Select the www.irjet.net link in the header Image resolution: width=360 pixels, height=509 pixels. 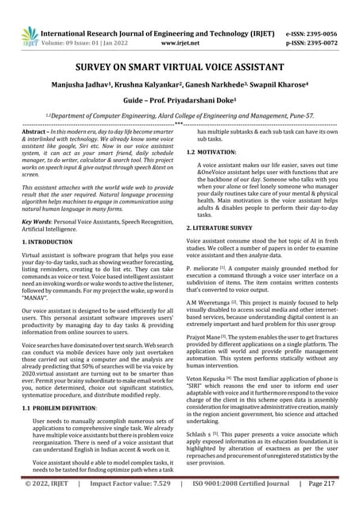(180, 24)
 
